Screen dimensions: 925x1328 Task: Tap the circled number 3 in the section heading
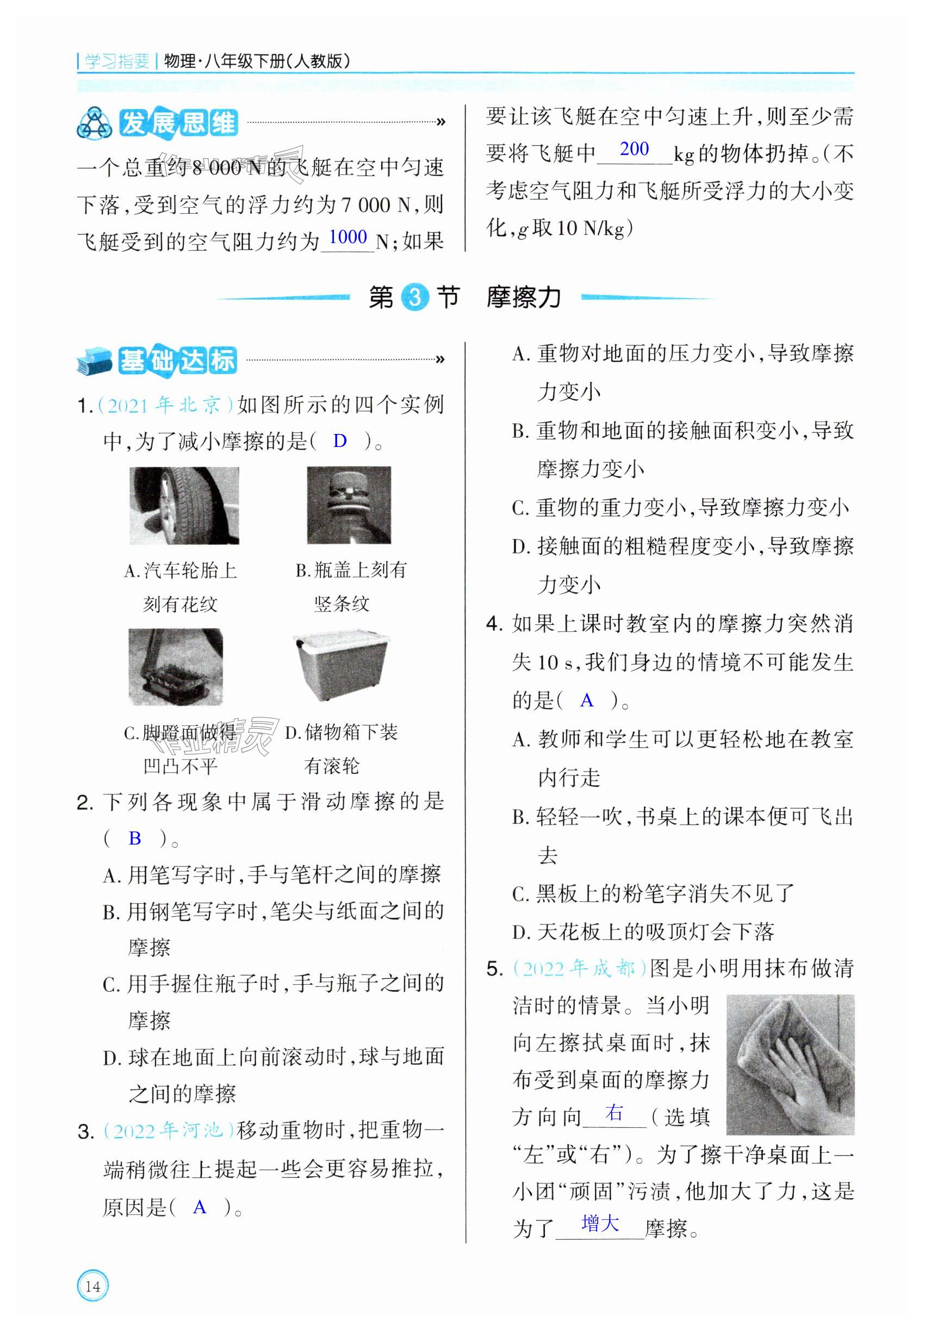(414, 297)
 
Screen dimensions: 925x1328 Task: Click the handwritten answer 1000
(347, 237)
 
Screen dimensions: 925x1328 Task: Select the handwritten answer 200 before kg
(634, 148)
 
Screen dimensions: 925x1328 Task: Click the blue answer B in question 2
(135, 837)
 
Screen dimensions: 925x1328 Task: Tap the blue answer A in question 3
(200, 1207)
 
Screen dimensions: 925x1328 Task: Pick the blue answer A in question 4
(587, 700)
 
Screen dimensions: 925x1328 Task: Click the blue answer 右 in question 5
(614, 1112)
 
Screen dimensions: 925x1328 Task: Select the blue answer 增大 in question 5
(600, 1223)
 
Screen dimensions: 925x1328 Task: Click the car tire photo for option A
(184, 506)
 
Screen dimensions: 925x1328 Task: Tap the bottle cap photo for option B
(349, 506)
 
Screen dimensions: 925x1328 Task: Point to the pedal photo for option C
(175, 667)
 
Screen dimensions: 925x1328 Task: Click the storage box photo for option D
(342, 666)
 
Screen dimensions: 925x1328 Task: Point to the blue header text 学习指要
(117, 61)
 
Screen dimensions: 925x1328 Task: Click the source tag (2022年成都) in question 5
(580, 968)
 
